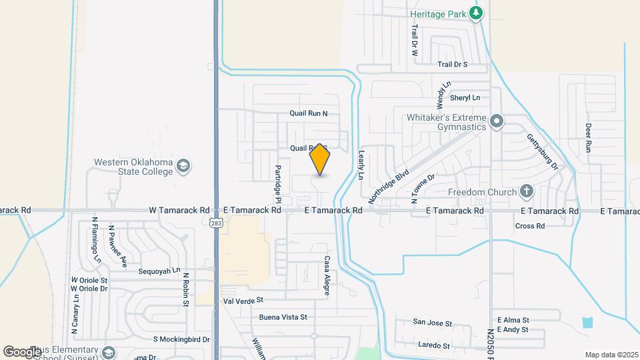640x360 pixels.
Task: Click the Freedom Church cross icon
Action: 527,193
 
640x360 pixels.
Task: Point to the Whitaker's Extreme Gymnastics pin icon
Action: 496,121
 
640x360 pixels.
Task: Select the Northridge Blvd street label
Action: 389,185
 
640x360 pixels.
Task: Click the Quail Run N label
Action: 309,113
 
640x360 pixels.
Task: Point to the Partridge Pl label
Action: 279,183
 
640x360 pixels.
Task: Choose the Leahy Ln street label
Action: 361,164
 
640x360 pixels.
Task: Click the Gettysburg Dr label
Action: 542,150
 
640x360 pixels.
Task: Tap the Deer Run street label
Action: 588,136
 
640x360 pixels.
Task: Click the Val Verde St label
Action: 244,300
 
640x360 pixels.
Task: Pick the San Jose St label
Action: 432,323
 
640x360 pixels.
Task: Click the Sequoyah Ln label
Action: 159,271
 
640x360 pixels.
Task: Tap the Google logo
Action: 22,351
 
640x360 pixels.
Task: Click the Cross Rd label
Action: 530,226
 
